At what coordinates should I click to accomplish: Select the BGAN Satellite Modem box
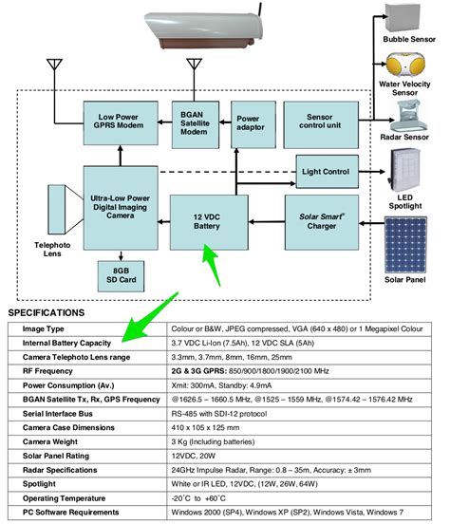tap(196, 122)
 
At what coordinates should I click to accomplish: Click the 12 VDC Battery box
tap(207, 222)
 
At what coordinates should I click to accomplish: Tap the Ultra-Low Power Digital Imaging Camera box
tap(119, 207)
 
